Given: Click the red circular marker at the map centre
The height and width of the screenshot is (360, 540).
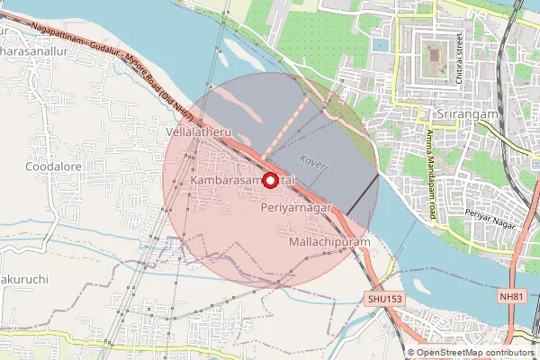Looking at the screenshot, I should (x=270, y=180).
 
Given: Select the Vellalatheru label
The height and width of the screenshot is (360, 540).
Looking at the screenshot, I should (x=200, y=132).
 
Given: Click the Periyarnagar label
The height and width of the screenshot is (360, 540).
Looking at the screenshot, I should (x=296, y=207).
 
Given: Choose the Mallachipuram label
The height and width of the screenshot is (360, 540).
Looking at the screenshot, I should (x=330, y=243).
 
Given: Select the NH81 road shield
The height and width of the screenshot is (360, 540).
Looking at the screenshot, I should (x=510, y=296).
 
